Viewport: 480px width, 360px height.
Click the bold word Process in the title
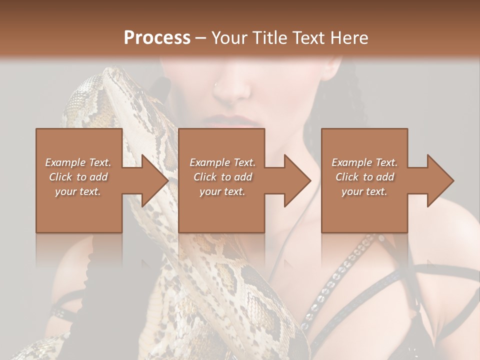pyautogui.click(x=157, y=38)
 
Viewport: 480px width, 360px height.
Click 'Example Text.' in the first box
pyautogui.click(x=78, y=162)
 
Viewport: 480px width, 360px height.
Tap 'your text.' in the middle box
pyautogui.click(x=222, y=191)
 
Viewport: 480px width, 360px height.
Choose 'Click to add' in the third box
pyautogui.click(x=364, y=177)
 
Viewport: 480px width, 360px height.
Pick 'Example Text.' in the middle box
pyautogui.click(x=222, y=162)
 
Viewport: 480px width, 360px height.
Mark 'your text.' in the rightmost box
pyautogui.click(x=364, y=191)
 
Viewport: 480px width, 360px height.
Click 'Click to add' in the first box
pyautogui.click(x=78, y=177)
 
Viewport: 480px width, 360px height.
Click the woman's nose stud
pyautogui.click(x=216, y=85)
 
